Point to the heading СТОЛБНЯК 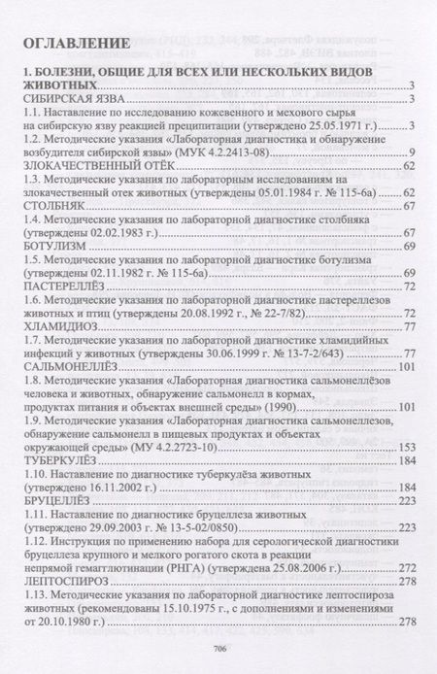[x=51, y=209]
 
